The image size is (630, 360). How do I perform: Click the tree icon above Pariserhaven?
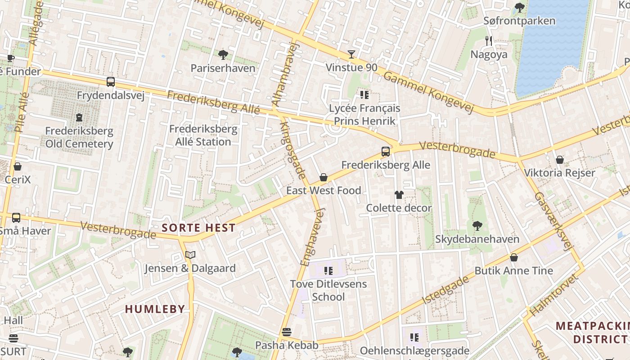click(x=223, y=55)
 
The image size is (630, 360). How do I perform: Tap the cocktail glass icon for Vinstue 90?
click(x=351, y=54)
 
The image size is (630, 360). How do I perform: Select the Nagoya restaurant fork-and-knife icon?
click(x=489, y=41)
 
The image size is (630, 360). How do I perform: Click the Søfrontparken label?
click(x=519, y=21)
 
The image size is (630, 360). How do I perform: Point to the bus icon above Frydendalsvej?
click(x=111, y=82)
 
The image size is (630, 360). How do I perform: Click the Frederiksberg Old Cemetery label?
click(x=79, y=137)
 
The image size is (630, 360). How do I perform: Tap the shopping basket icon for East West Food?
click(x=323, y=177)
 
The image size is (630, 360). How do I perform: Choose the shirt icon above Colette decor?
click(x=399, y=195)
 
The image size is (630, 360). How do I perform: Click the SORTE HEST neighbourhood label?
click(x=198, y=228)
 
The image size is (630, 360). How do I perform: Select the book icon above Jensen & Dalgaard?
click(x=190, y=255)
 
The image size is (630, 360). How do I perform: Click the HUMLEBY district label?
click(x=155, y=309)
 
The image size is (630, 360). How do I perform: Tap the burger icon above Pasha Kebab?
click(x=287, y=332)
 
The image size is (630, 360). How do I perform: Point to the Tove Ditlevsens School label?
click(x=328, y=290)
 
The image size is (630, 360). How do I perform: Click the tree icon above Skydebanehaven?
click(x=477, y=225)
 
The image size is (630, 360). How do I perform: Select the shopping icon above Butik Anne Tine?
click(x=514, y=257)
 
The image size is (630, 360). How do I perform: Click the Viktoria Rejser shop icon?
click(x=560, y=160)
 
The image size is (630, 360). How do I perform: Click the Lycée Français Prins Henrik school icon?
click(x=364, y=95)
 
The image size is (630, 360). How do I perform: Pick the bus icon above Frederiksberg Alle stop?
click(x=386, y=152)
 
